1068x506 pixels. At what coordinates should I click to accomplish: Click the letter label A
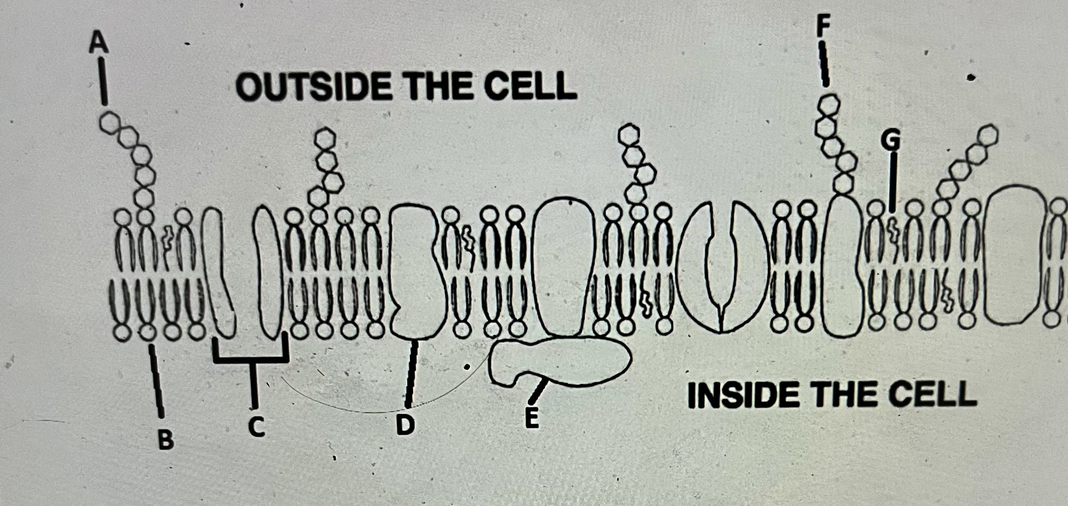(x=99, y=44)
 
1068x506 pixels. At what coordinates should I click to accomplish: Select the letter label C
(x=257, y=427)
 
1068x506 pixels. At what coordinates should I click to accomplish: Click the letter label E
(x=531, y=417)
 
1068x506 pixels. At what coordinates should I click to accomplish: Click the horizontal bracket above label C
(x=251, y=359)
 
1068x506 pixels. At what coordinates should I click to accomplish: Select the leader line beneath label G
(x=893, y=182)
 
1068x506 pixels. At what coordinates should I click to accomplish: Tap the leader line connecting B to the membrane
(x=157, y=381)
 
